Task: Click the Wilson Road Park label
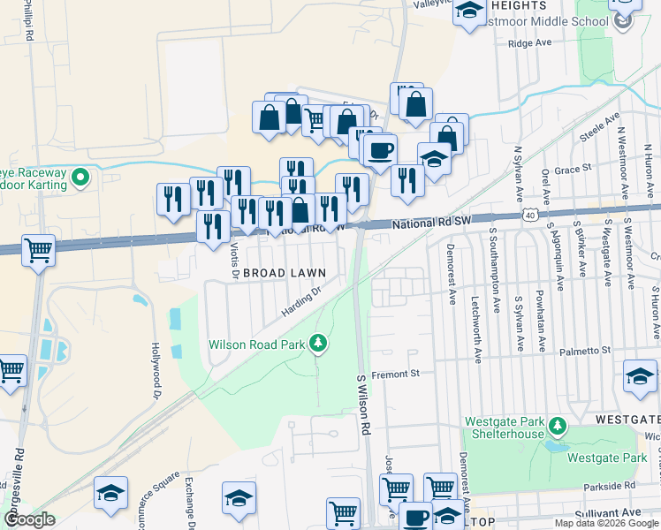(x=256, y=344)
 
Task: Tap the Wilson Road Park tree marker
(x=319, y=344)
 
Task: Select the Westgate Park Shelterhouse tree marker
(x=557, y=427)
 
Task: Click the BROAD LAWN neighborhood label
(x=285, y=274)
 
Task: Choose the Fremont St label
(x=394, y=375)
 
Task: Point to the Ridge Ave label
(x=530, y=42)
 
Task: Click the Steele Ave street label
(x=597, y=134)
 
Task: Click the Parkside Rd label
(x=609, y=486)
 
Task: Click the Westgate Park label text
(x=607, y=458)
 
